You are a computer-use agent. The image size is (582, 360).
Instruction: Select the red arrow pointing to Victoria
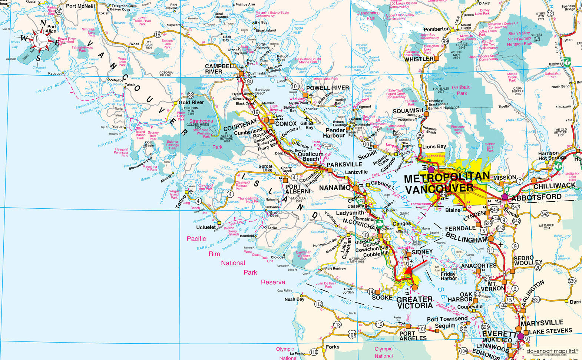pos(415,268)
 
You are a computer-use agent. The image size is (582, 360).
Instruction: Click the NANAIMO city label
pos(335,188)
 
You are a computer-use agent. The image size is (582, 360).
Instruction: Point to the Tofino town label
pos(182,201)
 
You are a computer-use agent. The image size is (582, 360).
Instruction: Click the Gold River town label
pos(191,103)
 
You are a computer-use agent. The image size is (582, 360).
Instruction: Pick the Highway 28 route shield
pos(191,95)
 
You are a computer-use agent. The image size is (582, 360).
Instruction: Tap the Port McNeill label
pos(80,6)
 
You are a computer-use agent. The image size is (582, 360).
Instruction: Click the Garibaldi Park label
pos(462,90)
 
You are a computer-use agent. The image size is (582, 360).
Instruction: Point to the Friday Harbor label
pos(449,276)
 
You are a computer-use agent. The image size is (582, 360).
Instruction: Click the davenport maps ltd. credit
pos(553,350)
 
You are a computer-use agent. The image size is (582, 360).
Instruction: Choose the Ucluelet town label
pos(206,227)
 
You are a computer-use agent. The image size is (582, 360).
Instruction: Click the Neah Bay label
pos(294,299)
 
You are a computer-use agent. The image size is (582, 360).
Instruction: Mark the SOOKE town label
pos(382,297)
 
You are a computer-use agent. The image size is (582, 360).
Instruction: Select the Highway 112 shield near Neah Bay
pos(318,304)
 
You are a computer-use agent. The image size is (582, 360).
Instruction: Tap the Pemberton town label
pos(437,29)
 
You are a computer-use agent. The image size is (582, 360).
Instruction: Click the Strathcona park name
pos(201,121)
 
